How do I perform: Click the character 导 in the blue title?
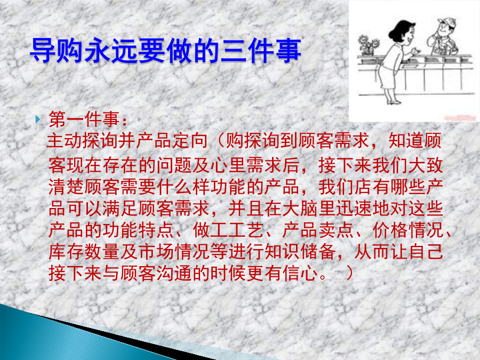pos(43,51)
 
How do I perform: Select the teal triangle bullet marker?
pos(38,119)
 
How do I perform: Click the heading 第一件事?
pos(84,119)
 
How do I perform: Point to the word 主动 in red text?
pos(65,141)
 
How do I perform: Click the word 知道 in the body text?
pos(406,141)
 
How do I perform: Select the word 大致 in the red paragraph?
pos(426,165)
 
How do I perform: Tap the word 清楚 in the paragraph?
pos(67,187)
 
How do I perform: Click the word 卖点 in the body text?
pos(336,230)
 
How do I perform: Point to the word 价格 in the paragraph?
pos(390,230)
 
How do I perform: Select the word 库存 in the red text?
pos(67,252)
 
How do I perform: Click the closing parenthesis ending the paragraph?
pos(349,274)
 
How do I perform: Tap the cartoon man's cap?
pos(447,22)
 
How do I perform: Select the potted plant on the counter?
pos(368,45)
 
